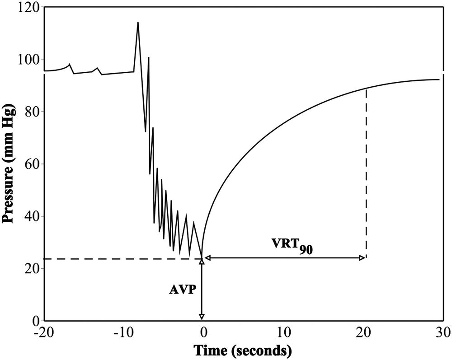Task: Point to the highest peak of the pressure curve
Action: click(x=138, y=23)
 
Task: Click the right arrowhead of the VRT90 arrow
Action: click(x=362, y=258)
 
